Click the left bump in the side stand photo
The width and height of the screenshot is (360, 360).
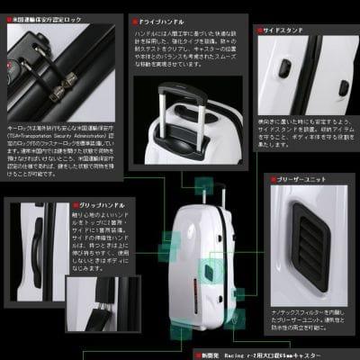pyautogui.click(x=286, y=67)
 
